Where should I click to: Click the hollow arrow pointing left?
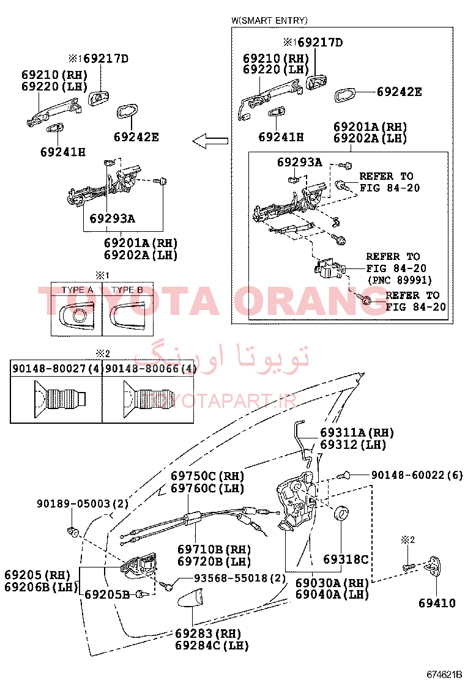pyautogui.click(x=210, y=141)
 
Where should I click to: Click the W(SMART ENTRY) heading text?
pyautogui.click(x=269, y=20)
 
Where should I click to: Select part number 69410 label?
pyautogui.click(x=437, y=603)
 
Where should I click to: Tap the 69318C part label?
pyautogui.click(x=346, y=560)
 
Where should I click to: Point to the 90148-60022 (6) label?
pyautogui.click(x=417, y=475)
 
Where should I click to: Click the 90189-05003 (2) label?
pyautogui.click(x=83, y=503)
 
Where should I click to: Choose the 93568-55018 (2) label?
pyautogui.click(x=240, y=578)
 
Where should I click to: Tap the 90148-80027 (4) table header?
pyautogui.click(x=56, y=369)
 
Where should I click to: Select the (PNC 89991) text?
pyautogui.click(x=400, y=279)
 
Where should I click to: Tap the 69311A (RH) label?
pyautogui.click(x=357, y=432)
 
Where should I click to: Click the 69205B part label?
pyautogui.click(x=106, y=594)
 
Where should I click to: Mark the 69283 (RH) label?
pyautogui.click(x=208, y=633)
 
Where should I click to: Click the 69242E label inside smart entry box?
pyautogui.click(x=399, y=92)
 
